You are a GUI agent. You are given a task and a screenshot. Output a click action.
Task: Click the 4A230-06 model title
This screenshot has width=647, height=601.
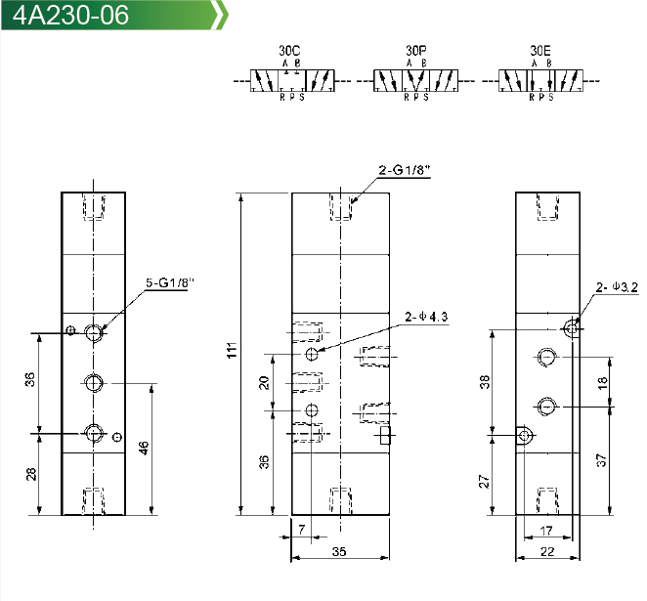point(70,15)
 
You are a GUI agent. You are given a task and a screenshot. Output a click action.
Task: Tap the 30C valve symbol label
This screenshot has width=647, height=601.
point(289,51)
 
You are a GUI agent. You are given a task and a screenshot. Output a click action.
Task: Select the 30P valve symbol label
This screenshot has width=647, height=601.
point(416,51)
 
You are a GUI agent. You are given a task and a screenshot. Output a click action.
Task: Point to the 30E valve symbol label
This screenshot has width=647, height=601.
point(540,51)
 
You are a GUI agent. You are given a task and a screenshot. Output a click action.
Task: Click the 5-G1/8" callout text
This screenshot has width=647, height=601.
point(170,283)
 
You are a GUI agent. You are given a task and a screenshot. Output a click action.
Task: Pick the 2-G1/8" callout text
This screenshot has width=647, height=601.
point(405,170)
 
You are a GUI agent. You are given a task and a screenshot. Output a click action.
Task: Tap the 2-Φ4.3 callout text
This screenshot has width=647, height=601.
point(426,317)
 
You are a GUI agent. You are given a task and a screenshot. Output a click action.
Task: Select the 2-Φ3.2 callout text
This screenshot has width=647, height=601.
point(617,286)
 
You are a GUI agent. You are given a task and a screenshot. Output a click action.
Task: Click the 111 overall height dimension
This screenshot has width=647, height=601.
point(232,350)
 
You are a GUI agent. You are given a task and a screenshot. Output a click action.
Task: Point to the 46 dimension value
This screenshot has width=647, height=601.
point(144,448)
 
